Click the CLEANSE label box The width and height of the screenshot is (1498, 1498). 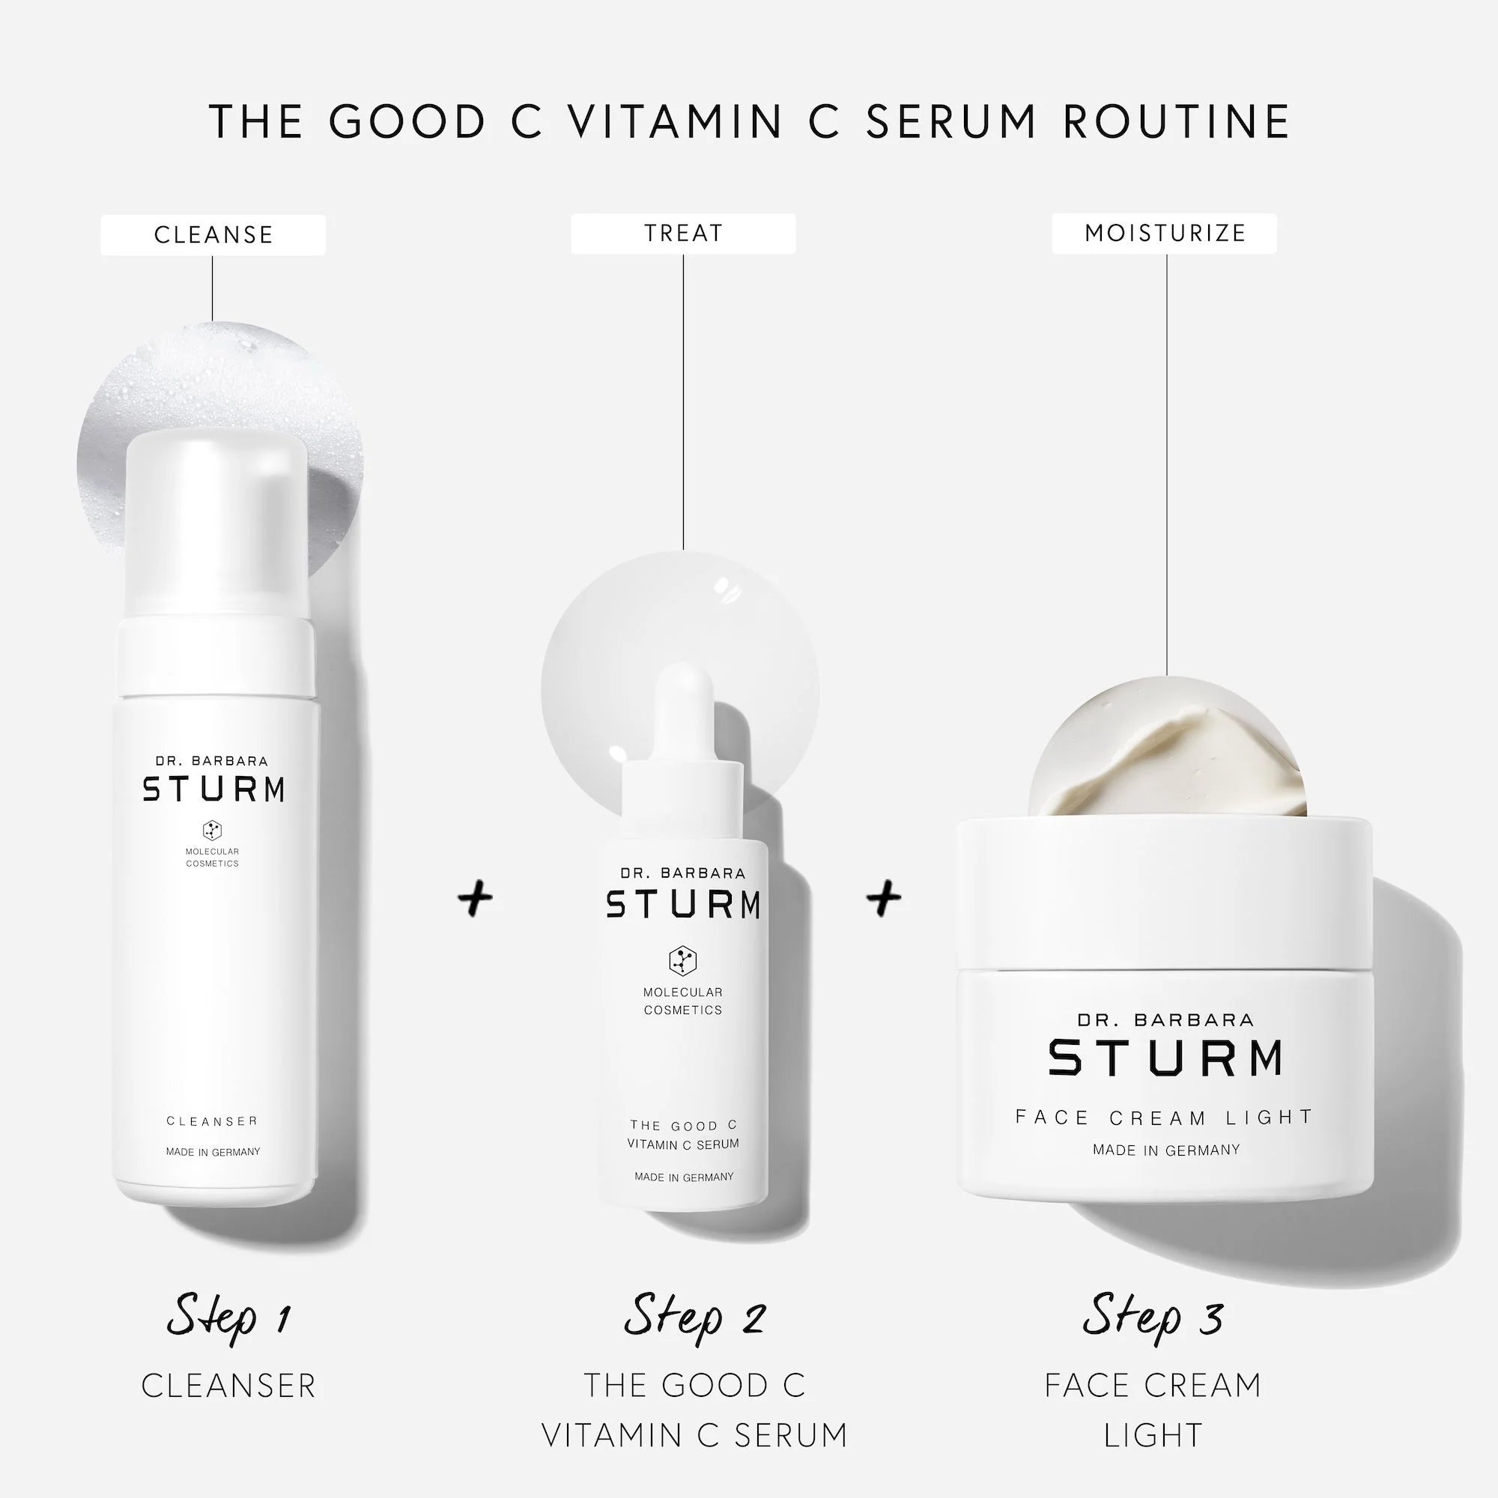point(213,235)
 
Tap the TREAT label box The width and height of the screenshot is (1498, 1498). point(683,234)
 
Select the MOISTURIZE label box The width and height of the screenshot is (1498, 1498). point(1165,234)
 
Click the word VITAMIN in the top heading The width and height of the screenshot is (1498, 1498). point(675,122)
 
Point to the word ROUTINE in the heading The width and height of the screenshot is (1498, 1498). point(1176,122)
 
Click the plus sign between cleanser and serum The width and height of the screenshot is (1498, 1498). point(476,899)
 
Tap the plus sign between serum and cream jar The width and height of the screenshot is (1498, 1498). point(884,899)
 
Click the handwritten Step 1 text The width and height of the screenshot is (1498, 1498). point(228,1316)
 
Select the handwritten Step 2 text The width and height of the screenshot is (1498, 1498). point(695,1316)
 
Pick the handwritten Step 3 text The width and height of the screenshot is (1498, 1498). point(1153,1316)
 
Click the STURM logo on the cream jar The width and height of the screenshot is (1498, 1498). point(1165,1058)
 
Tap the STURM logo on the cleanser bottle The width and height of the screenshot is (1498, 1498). point(213,789)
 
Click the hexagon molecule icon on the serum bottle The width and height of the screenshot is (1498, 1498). point(683,962)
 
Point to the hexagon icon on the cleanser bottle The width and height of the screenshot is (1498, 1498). point(213,831)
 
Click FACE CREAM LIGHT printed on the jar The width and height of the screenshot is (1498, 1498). point(1165,1118)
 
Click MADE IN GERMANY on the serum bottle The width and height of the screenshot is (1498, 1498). point(684,1177)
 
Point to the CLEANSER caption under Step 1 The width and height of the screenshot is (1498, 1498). point(228,1386)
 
